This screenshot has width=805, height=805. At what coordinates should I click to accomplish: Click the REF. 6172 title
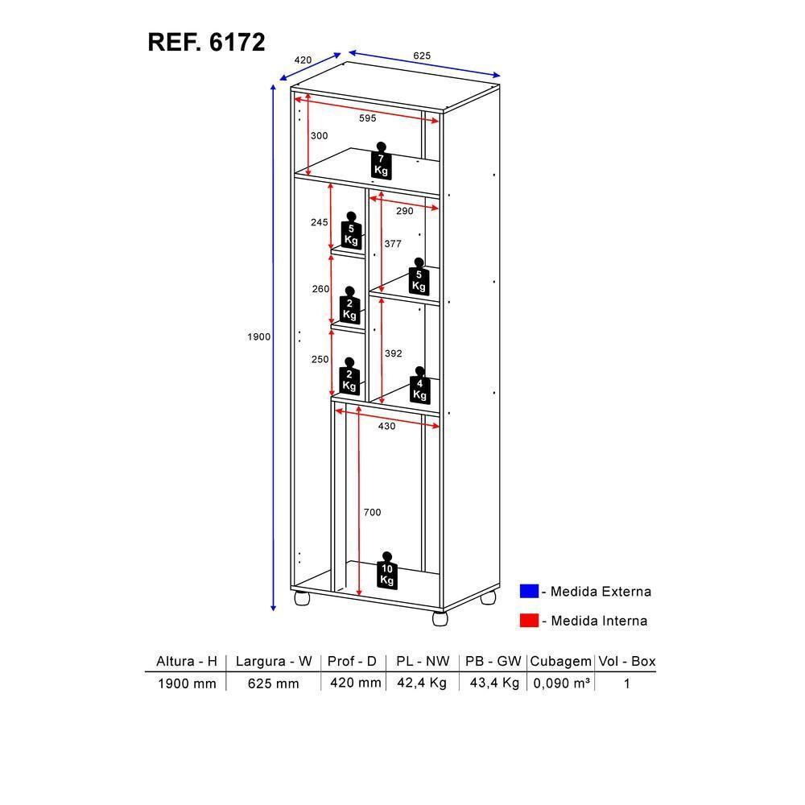pyautogui.click(x=206, y=42)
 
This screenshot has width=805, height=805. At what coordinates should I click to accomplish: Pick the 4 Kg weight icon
pyautogui.click(x=419, y=386)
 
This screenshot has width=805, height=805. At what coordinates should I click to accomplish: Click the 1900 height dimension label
pyautogui.click(x=258, y=336)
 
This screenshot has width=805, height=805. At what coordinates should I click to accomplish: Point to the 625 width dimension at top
pyautogui.click(x=422, y=56)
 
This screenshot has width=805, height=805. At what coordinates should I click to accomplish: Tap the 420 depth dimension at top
pyautogui.click(x=303, y=60)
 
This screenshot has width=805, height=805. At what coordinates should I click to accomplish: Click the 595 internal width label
pyautogui.click(x=367, y=118)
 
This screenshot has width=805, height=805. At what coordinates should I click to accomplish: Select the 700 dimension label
pyautogui.click(x=371, y=512)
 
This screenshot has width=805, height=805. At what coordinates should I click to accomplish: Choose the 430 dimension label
pyautogui.click(x=386, y=426)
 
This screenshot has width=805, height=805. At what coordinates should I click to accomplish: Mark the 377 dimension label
pyautogui.click(x=392, y=243)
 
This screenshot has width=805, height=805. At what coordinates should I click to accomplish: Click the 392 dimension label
pyautogui.click(x=393, y=353)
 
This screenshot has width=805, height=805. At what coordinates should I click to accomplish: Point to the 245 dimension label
pyautogui.click(x=320, y=222)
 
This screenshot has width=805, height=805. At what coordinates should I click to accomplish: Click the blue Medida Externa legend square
pyautogui.click(x=529, y=592)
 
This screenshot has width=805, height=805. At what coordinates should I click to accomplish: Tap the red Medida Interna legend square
pyautogui.click(x=529, y=621)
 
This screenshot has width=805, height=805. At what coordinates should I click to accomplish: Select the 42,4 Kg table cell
pyautogui.click(x=422, y=683)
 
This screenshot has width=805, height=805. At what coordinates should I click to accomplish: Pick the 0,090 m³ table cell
pyautogui.click(x=561, y=683)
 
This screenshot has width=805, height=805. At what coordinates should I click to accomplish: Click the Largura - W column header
pyautogui.click(x=273, y=662)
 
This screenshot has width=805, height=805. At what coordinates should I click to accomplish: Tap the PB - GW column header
pyautogui.click(x=492, y=662)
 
